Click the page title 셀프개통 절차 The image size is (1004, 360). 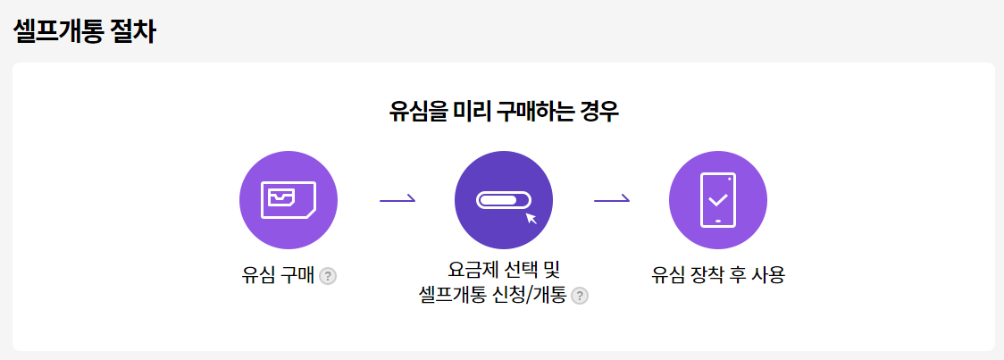pos(85,31)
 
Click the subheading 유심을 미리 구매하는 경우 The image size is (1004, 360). pos(504,113)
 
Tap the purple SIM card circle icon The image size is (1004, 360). pos(289,200)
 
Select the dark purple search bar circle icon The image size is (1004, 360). pos(504,200)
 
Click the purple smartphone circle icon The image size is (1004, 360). pos(718,200)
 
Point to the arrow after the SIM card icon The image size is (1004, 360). pos(397,200)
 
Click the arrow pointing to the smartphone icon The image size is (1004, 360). pos(612,200)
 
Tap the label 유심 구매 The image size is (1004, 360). pos(278,275)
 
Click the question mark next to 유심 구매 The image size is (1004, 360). pos(328,276)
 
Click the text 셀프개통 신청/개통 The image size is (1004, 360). pos(492,296)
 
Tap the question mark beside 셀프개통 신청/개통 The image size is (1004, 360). pos(580,296)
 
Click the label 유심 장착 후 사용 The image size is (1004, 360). pos(718,275)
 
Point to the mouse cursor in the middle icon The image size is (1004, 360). pos(531,218)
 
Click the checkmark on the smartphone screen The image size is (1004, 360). pos(718,199)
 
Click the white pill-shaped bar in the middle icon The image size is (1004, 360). pos(503,199)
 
